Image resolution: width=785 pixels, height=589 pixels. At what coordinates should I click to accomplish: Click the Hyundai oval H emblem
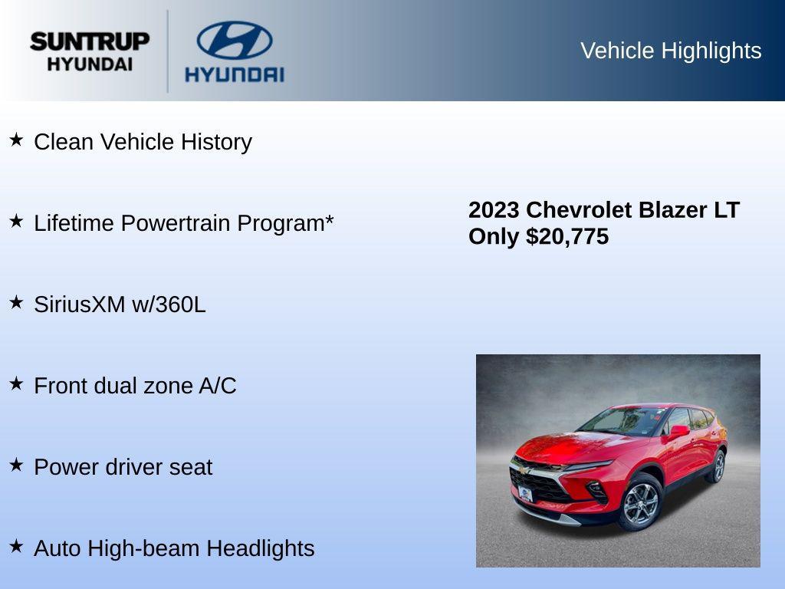tap(234, 40)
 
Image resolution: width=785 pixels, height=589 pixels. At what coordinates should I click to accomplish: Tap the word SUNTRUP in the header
tap(90, 41)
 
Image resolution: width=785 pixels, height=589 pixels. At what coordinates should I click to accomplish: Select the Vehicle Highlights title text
tap(671, 51)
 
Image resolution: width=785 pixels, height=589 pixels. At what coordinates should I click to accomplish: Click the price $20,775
tap(567, 236)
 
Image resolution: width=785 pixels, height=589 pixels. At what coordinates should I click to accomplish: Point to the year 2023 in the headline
tap(494, 210)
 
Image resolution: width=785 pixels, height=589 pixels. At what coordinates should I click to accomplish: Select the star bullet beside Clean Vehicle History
tap(16, 140)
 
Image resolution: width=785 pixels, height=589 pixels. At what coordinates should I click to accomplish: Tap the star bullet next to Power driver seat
tap(16, 466)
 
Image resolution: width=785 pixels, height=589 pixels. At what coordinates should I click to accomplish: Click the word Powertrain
tap(176, 223)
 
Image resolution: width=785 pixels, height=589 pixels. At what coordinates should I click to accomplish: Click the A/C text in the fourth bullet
tap(217, 386)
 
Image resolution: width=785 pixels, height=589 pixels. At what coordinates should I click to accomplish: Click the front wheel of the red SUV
tap(639, 503)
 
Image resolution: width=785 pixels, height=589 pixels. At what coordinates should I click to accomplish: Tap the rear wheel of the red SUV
tap(718, 466)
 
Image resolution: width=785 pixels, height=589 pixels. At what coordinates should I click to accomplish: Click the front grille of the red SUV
tap(540, 485)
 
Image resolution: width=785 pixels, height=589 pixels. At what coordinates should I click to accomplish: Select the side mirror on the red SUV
tap(678, 431)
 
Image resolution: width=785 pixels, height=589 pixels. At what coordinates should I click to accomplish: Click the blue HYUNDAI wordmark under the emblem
tap(234, 74)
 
